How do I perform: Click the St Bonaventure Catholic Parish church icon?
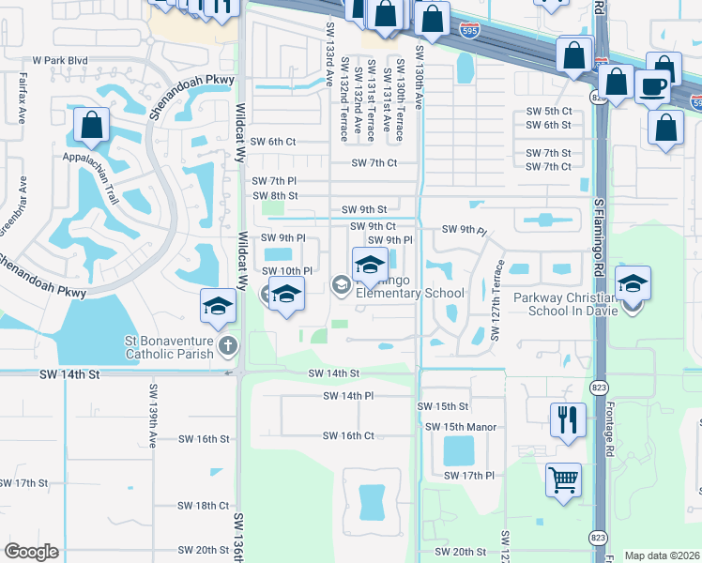tap(226, 346)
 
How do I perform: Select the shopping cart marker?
tap(563, 479)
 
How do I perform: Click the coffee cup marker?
tap(651, 85)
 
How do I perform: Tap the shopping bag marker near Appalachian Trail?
tap(92, 125)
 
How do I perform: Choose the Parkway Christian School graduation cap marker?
tap(633, 283)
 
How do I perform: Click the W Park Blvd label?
tap(60, 60)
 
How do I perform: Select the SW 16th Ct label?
tap(348, 436)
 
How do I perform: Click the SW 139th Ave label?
tap(152, 413)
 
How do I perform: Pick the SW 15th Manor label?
tap(461, 427)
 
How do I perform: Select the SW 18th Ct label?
tap(204, 506)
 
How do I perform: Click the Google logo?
tap(32, 552)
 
